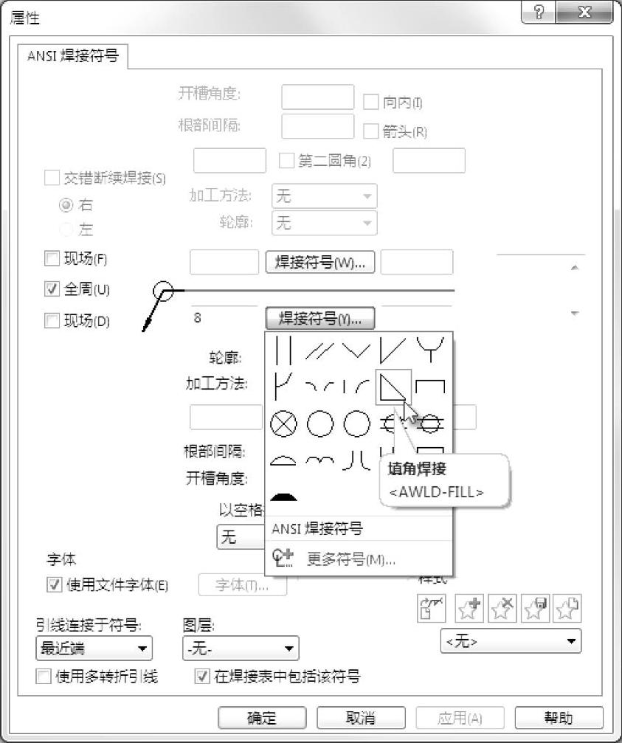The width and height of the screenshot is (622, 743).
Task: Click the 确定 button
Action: pos(262,718)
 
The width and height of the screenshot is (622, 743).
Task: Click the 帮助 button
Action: pos(559,718)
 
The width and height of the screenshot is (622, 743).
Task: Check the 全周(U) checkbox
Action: pos(52,289)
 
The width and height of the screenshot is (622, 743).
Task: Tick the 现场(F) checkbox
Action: pos(52,259)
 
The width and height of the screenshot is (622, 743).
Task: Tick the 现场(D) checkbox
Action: pos(52,320)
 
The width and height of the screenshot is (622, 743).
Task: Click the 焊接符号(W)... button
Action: pos(320,263)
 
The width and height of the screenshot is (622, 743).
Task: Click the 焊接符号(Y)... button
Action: pos(320,319)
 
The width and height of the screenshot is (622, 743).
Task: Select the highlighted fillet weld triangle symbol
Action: pos(391,387)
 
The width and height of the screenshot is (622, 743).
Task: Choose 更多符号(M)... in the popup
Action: pos(350,559)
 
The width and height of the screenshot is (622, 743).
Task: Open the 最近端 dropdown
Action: pos(94,649)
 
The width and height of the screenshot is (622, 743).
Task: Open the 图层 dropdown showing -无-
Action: pos(241,649)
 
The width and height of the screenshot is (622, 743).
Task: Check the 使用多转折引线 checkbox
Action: pos(44,677)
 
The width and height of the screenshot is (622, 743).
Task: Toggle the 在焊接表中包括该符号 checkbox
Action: pos(201,677)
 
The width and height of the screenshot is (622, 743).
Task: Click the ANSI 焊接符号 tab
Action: pos(72,56)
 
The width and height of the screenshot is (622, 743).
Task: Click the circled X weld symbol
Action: pos(284,424)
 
